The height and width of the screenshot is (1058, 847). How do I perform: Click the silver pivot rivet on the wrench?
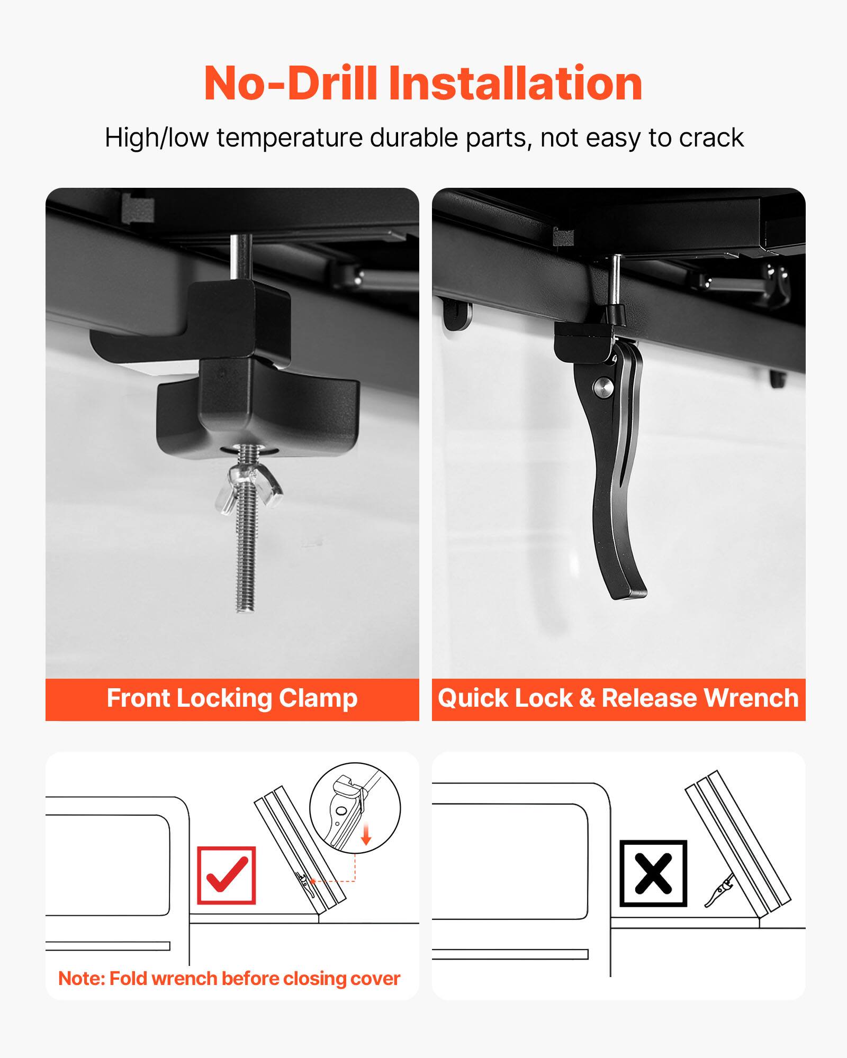click(x=603, y=388)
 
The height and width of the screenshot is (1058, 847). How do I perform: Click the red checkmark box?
click(x=227, y=875)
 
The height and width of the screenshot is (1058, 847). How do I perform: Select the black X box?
click(x=653, y=873)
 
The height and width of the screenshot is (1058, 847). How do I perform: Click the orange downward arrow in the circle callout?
click(x=366, y=835)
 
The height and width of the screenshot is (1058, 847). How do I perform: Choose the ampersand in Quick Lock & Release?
click(x=587, y=698)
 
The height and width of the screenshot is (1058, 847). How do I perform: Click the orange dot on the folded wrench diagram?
click(x=313, y=881)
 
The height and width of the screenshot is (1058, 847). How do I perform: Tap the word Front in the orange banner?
click(x=138, y=698)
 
